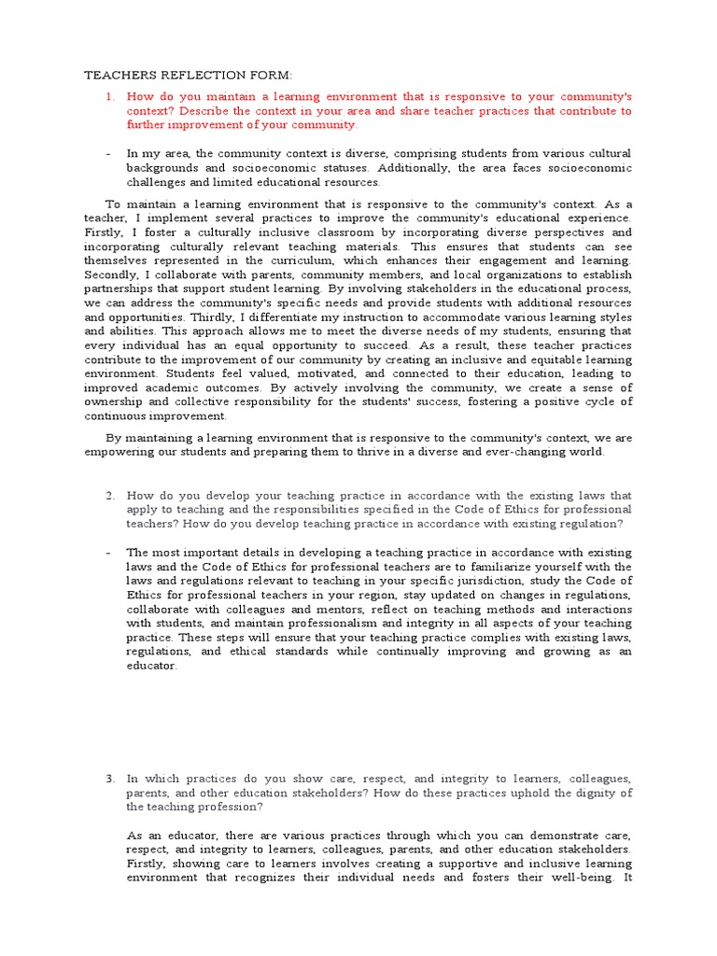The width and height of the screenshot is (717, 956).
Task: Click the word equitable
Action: (533, 358)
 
